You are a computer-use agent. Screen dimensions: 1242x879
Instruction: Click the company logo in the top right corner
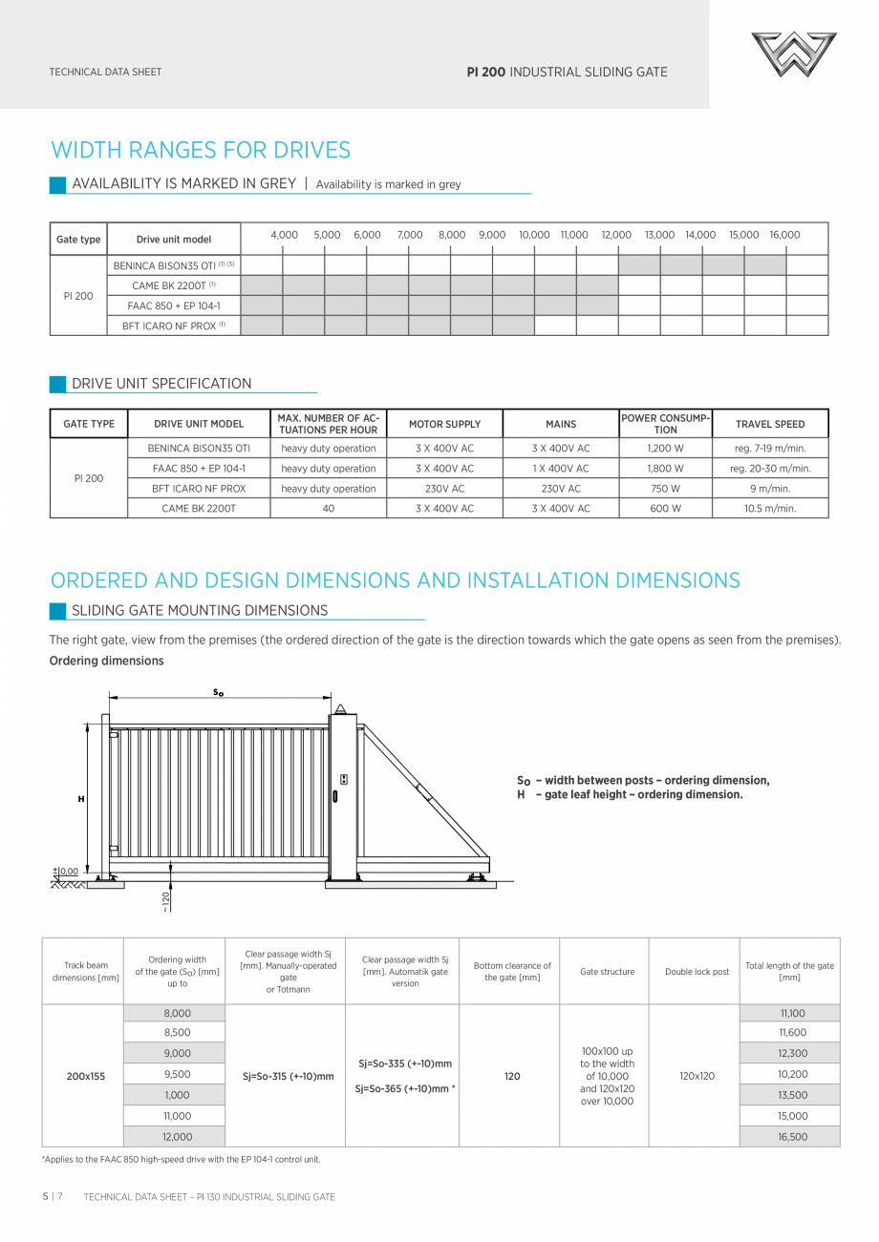793,54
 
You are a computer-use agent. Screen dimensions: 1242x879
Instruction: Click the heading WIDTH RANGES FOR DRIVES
201,150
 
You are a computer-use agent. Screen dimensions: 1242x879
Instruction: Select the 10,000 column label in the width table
534,235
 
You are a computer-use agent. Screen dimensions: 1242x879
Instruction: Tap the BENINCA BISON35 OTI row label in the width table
173,265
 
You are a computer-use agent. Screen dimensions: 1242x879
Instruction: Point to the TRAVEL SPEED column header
769,424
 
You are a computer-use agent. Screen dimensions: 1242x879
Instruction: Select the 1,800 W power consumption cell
665,469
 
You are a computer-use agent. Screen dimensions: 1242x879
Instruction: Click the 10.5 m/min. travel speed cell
769,509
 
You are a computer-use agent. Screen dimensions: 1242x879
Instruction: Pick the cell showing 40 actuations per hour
328,509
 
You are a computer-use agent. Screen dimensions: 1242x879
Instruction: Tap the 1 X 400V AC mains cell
561,469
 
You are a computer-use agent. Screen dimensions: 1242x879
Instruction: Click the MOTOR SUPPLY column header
444,424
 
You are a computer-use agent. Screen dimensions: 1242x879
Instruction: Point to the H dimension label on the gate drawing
81,799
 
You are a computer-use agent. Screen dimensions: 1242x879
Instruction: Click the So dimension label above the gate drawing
218,693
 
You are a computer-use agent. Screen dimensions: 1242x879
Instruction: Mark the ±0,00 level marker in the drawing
66,871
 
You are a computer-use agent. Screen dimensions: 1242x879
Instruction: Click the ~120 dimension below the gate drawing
166,901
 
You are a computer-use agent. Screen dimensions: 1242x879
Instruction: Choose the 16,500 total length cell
792,1137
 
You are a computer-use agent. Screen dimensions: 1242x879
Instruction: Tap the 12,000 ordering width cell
177,1137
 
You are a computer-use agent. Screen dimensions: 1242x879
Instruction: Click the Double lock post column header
697,972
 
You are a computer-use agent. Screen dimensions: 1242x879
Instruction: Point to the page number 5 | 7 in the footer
53,1196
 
